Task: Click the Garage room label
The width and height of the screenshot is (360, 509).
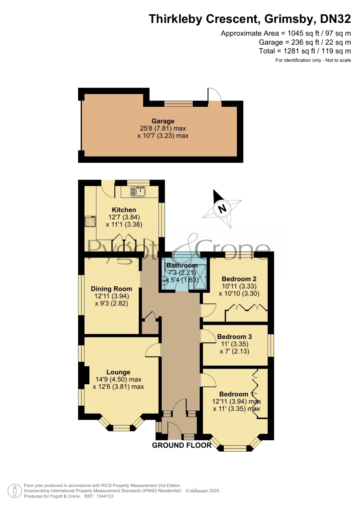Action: click(163, 121)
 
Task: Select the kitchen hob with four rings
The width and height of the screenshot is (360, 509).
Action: click(90, 222)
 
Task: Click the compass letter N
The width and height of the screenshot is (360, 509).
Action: click(222, 209)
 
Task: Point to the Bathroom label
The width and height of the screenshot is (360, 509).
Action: click(182, 265)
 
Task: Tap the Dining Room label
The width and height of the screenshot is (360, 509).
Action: click(111, 289)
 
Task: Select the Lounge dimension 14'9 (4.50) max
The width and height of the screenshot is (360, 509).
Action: click(118, 379)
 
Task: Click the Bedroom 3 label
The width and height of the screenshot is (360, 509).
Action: click(234, 337)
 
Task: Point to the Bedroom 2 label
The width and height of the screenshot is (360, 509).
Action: click(239, 279)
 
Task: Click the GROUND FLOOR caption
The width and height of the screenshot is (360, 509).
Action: click(182, 445)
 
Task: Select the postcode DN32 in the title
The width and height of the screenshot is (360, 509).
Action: click(335, 19)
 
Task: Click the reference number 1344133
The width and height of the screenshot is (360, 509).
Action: click(105, 496)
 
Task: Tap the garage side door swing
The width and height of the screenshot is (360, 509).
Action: click(215, 95)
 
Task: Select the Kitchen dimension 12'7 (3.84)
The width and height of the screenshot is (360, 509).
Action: click(124, 217)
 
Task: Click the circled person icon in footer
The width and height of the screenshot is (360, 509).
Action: click(15, 491)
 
